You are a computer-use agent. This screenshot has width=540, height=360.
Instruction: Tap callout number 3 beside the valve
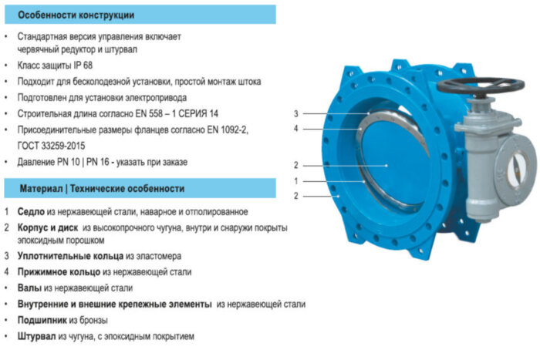pos(296,113)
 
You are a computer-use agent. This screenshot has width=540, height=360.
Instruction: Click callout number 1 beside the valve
pos(296,181)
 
